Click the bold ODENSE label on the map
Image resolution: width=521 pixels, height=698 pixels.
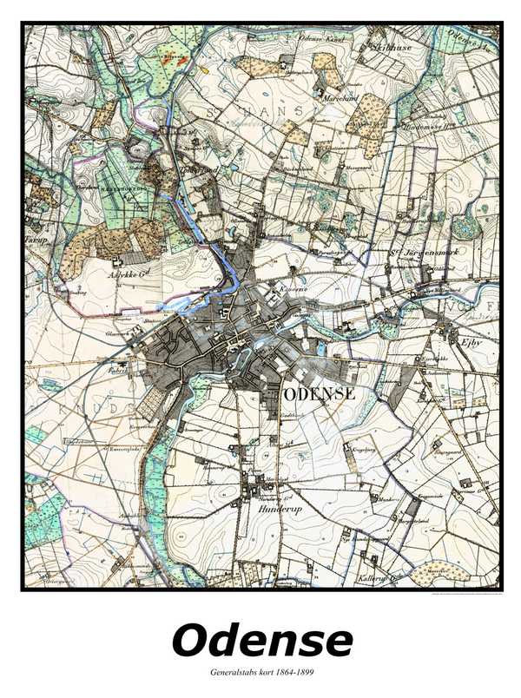coord(319,392)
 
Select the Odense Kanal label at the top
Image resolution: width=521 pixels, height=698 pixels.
coord(318,41)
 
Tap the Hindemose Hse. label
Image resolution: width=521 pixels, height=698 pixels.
coord(424,125)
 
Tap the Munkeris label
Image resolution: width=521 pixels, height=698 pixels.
coord(386,501)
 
